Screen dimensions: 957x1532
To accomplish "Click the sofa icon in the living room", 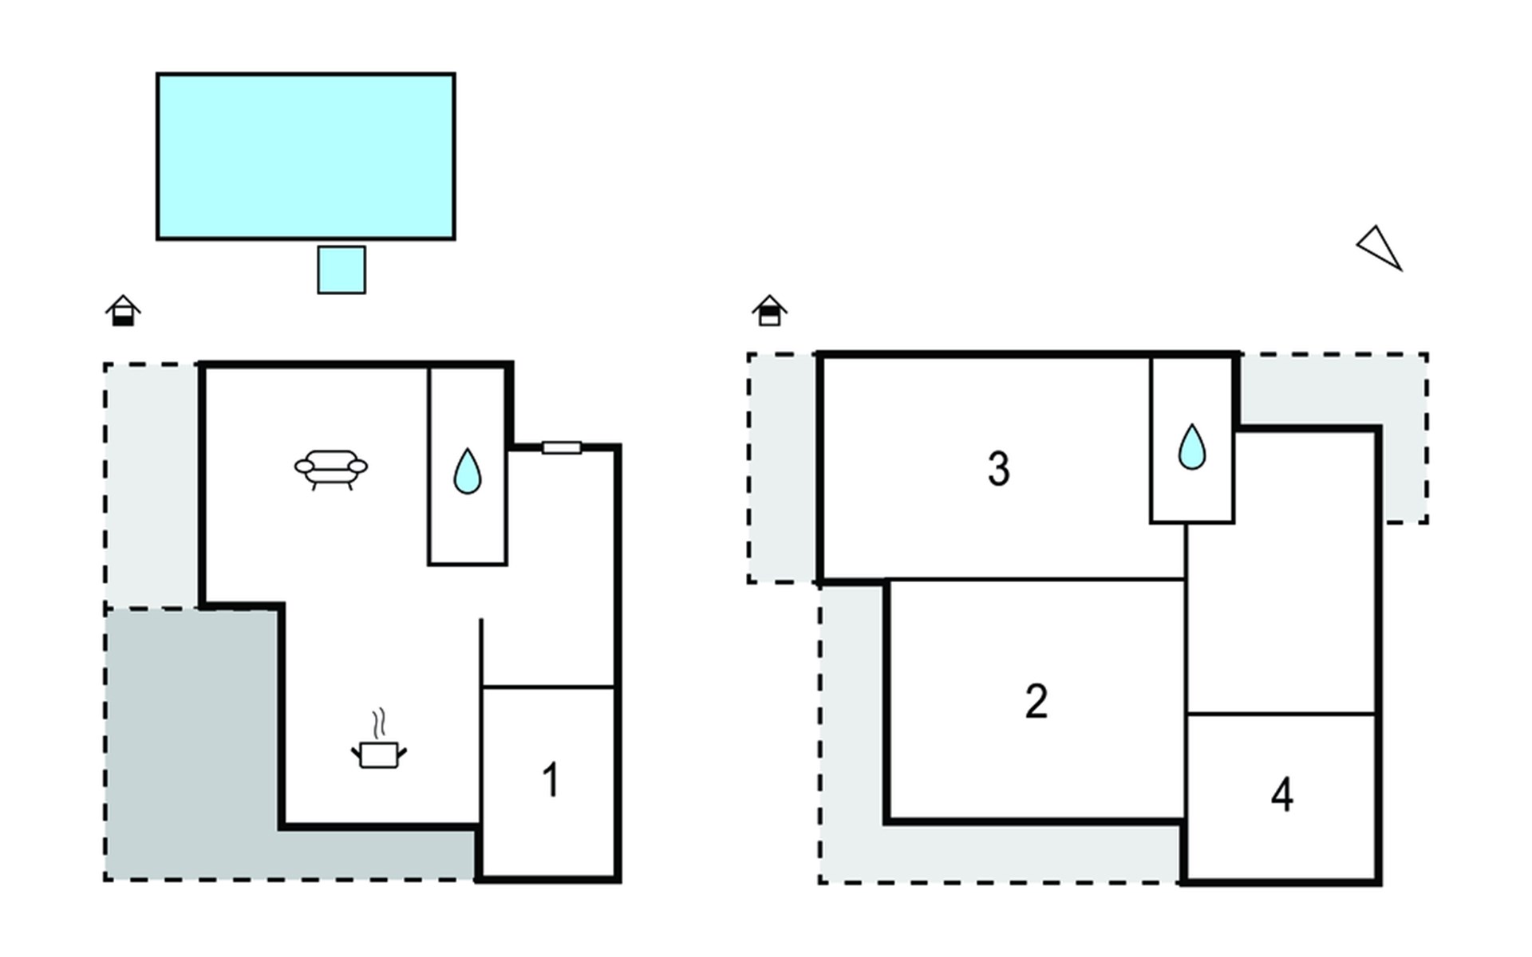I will pos(331,468).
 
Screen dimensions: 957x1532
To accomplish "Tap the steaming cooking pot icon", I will pos(379,753).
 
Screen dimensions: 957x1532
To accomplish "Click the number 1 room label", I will pos(551,780).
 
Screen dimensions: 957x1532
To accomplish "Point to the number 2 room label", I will pos(1036,702).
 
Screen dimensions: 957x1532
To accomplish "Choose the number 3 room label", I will pos(998,469).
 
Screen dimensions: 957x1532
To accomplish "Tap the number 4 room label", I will pos(1281,795).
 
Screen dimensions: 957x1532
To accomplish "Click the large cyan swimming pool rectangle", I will pos(306,156).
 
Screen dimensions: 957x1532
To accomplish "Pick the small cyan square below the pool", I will pos(342,270).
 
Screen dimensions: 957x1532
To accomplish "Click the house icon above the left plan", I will pos(123,310).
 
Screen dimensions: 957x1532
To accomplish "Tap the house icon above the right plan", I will pos(769,310).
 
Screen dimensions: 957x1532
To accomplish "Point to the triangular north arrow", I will pos(1380,247).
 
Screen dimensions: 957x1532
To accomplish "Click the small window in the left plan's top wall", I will pos(562,448).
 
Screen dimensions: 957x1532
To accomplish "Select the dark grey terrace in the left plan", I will pos(191,742).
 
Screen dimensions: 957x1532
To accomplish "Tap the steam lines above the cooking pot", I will pos(381,723).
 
